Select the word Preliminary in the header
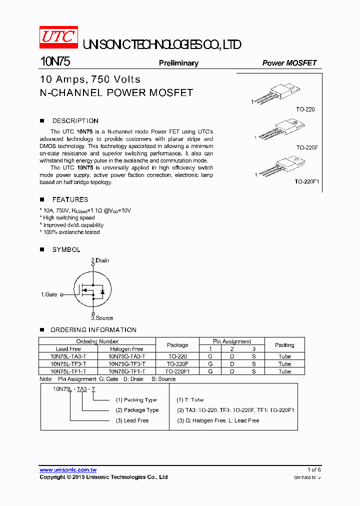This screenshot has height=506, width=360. pos(178,63)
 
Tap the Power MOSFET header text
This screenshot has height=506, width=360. pos(289,63)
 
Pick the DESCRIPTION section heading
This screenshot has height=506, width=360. pos(75,120)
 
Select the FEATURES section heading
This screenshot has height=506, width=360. pos(70,199)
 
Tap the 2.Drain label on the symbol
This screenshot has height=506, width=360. pos(99,260)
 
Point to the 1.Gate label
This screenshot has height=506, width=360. pos(49,295)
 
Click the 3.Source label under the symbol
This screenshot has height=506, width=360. pos(102,318)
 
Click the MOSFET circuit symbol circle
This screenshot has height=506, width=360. pos(92,289)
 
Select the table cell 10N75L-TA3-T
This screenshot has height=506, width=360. pos(68,356)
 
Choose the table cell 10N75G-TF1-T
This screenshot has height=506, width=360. pos(127,371)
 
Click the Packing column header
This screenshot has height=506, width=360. pos(284,345)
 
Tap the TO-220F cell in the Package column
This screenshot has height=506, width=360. pos(177,364)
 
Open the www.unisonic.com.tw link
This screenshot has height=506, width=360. pos(68,470)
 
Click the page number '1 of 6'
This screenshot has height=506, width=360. pos(314,469)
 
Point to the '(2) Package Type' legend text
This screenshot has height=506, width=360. pos(137,410)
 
